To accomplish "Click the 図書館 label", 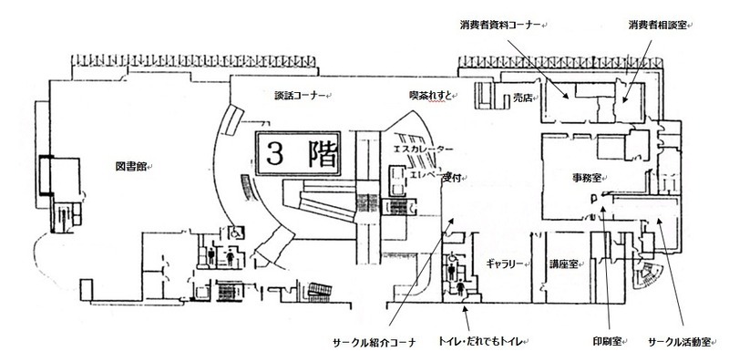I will (131, 168).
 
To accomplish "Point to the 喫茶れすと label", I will (429, 94).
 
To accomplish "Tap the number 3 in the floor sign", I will (276, 152).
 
